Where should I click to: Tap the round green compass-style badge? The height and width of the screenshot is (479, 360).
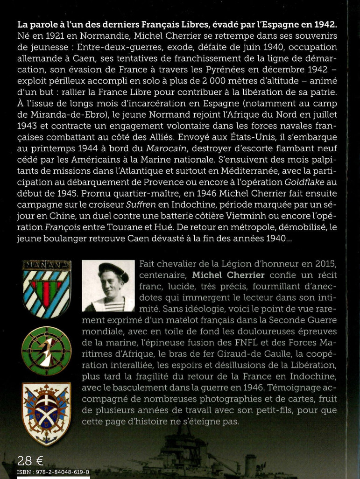47,351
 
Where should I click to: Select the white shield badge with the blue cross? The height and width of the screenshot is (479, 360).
47,414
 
